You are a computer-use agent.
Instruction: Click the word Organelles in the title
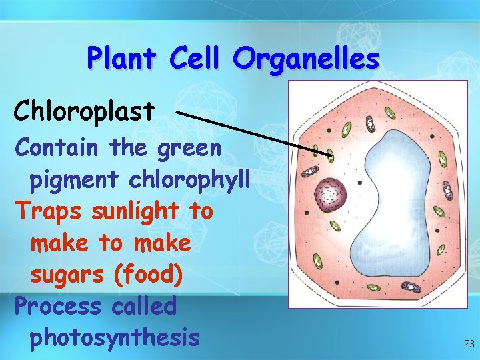pyautogui.click(x=306, y=59)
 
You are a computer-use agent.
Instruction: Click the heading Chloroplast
pyautogui.click(x=84, y=112)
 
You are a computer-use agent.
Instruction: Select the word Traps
pyautogui.click(x=49, y=211)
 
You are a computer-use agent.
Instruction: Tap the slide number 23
pyautogui.click(x=469, y=344)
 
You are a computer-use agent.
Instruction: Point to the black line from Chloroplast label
pyautogui.click(x=253, y=133)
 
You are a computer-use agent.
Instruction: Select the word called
pyautogui.click(x=144, y=307)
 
